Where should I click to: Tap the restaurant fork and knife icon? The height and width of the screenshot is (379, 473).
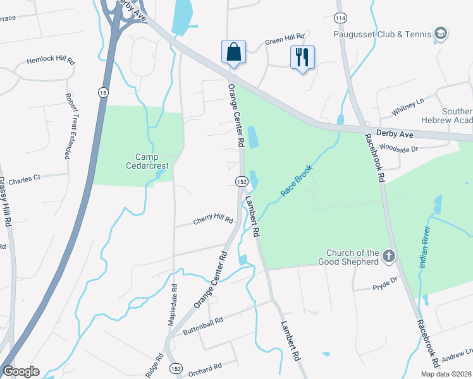click(x=302, y=57)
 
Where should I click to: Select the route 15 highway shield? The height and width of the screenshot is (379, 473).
click(x=102, y=93)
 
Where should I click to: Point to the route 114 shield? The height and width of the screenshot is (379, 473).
click(x=341, y=18)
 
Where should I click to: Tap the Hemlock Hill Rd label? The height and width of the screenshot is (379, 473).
click(x=51, y=62)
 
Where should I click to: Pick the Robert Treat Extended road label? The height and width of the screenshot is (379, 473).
click(x=67, y=126)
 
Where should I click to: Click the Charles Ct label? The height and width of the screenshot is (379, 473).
click(x=25, y=179)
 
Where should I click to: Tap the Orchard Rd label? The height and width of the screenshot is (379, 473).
click(x=204, y=366)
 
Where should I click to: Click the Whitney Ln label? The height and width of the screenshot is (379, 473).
click(x=408, y=107)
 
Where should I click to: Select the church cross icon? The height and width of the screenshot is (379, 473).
click(x=389, y=256)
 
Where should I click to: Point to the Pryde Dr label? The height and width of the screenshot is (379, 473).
click(x=383, y=279)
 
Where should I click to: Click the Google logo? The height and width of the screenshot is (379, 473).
click(x=21, y=371)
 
